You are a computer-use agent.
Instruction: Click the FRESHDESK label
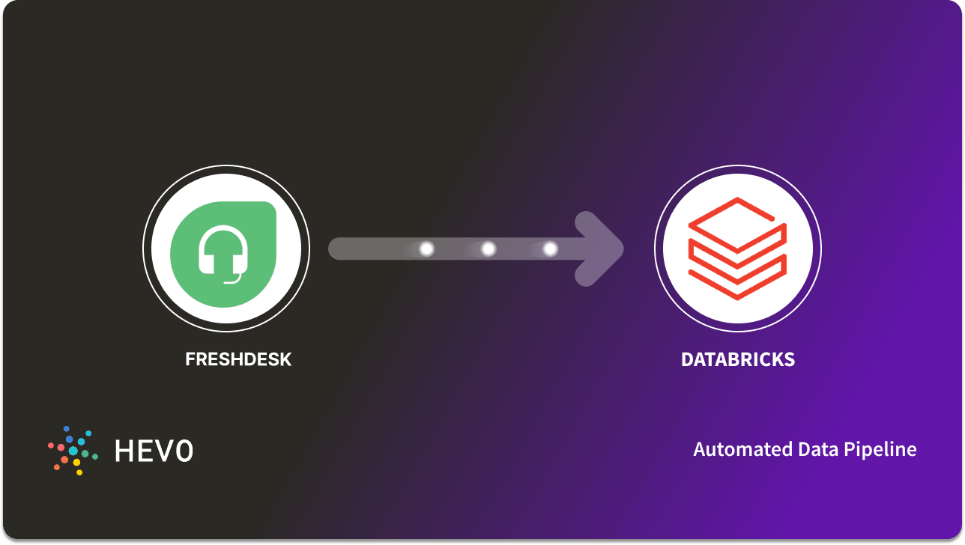click(238, 359)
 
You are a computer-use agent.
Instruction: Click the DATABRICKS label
click(737, 359)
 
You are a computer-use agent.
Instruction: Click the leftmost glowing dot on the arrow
click(426, 249)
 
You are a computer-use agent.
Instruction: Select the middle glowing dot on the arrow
click(488, 249)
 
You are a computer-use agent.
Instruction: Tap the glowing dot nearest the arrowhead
click(550, 249)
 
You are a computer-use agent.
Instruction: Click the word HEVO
click(154, 451)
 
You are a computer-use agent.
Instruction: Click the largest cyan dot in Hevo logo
click(73, 451)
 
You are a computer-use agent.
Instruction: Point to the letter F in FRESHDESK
click(190, 359)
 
